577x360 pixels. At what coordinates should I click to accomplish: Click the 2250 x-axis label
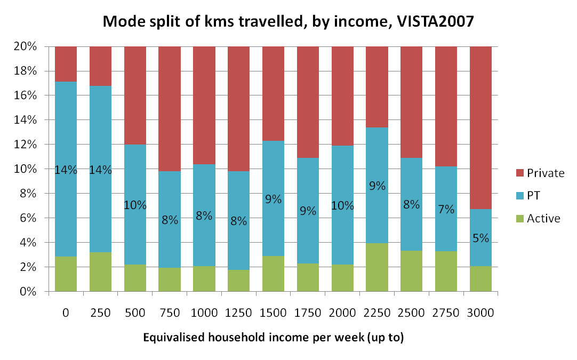click(x=378, y=313)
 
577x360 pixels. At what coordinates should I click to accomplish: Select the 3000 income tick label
click(x=480, y=313)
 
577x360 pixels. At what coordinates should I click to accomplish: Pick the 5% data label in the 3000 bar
click(x=480, y=238)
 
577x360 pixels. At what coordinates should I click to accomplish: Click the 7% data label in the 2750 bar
click(x=446, y=209)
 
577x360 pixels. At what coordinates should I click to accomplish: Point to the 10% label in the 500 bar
click(x=135, y=205)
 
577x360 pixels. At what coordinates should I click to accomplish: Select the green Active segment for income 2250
click(x=378, y=267)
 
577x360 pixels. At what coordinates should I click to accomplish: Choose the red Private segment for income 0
click(x=66, y=64)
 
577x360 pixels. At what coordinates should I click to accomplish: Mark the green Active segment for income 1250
click(x=238, y=281)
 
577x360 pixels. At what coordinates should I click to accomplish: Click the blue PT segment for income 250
click(x=100, y=203)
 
